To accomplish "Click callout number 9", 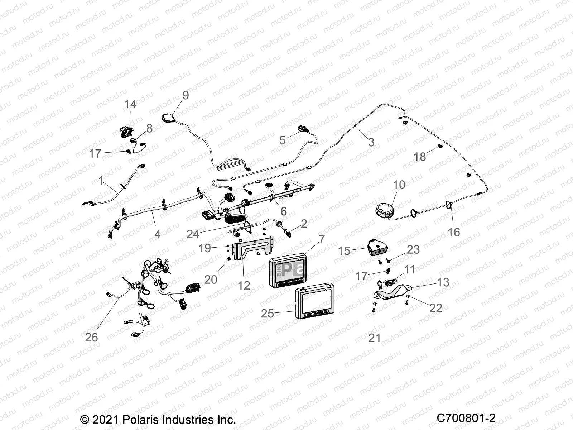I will pyautogui.click(x=185, y=95).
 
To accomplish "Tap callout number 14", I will pyautogui.click(x=130, y=104).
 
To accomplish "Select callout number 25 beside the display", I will pyautogui.click(x=267, y=314).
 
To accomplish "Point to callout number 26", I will pyautogui.click(x=91, y=337).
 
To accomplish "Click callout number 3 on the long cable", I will pyautogui.click(x=371, y=142).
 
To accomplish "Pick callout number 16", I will pyautogui.click(x=454, y=232).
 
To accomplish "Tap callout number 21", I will pyautogui.click(x=374, y=337).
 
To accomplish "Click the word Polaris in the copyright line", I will pyautogui.click(x=141, y=420).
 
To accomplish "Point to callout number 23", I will pyautogui.click(x=413, y=249).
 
